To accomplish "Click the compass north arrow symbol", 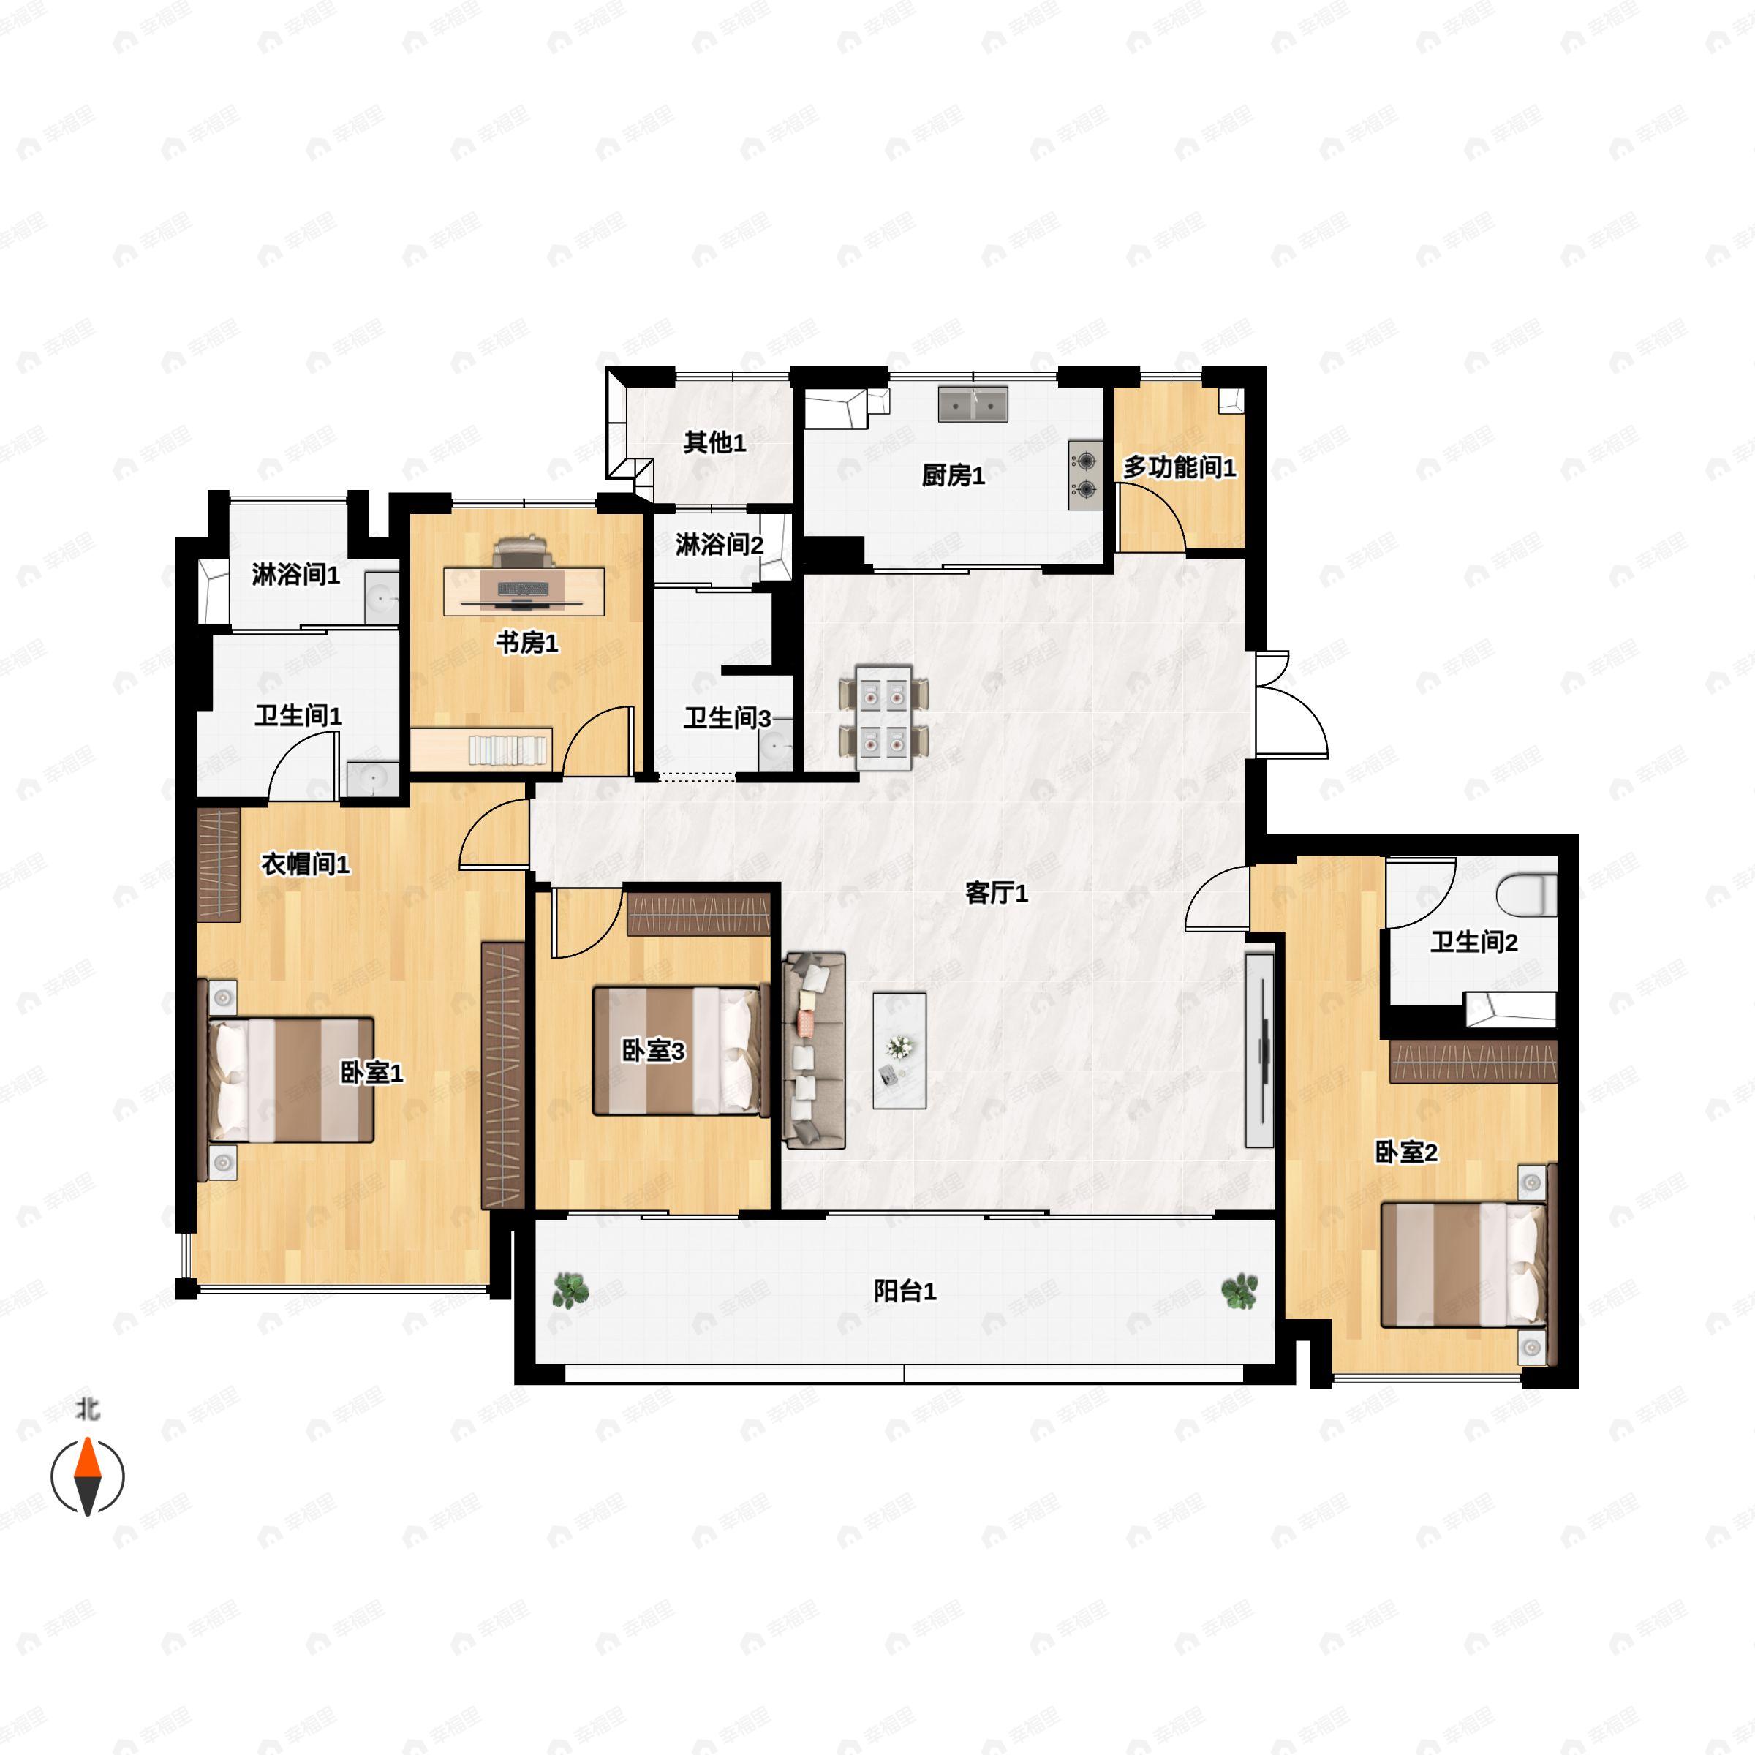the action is click(x=87, y=1476).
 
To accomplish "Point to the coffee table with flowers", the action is click(x=899, y=1050).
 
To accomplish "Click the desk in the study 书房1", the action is click(x=525, y=592).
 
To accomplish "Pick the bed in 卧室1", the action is click(x=291, y=1080).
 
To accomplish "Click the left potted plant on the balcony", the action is click(x=570, y=1290).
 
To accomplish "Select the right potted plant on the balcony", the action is click(x=1239, y=1291).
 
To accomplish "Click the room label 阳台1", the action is click(x=905, y=1291).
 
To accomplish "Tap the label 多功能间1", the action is click(x=1180, y=468).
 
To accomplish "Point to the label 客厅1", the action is click(x=997, y=893).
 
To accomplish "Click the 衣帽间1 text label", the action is click(x=305, y=864).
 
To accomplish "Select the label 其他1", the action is click(x=715, y=442).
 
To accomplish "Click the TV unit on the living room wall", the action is click(x=1260, y=1049).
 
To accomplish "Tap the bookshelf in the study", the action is click(x=510, y=750).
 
